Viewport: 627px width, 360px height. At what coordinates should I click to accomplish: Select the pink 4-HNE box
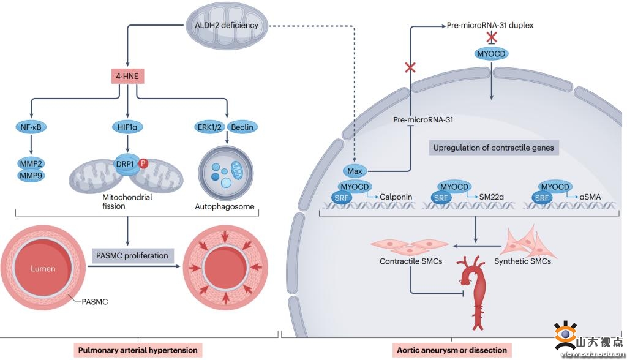point(128,78)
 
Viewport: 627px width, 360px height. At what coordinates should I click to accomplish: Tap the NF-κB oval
point(31,127)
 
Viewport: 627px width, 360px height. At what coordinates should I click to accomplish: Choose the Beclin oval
point(242,127)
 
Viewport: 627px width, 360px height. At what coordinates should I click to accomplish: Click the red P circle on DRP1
point(143,163)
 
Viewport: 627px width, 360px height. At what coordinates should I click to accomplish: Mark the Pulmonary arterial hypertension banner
point(138,350)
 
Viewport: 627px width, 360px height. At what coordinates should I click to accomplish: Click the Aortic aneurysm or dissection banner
point(452,350)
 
